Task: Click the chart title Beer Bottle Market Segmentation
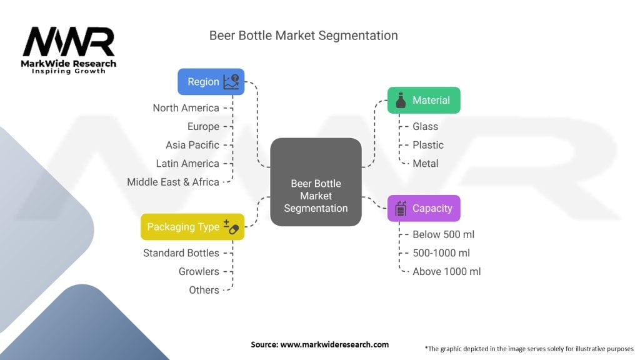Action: [x=303, y=36]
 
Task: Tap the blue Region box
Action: [x=211, y=82]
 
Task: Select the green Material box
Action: [x=424, y=100]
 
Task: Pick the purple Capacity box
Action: [x=424, y=208]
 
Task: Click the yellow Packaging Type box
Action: [x=192, y=227]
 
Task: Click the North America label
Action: [x=186, y=108]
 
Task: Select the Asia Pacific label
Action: [x=192, y=145]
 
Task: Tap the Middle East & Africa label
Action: [x=173, y=182]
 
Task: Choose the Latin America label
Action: [x=187, y=164]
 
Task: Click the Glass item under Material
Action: [x=425, y=126]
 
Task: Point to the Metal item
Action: [x=425, y=164]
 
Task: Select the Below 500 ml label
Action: [x=443, y=234]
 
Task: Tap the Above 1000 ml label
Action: [x=446, y=271]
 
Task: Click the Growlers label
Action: [x=199, y=271]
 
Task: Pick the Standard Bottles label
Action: [x=181, y=253]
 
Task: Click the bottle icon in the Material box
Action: [x=401, y=100]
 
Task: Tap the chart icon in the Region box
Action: [x=231, y=82]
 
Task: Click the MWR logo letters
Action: [x=69, y=42]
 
